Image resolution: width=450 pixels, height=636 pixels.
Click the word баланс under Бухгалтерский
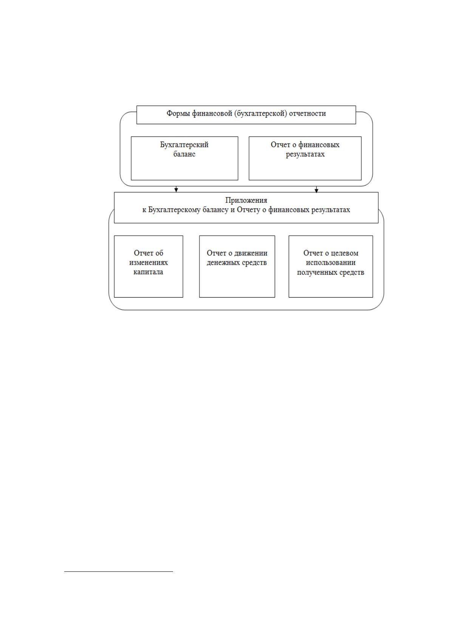pyautogui.click(x=184, y=154)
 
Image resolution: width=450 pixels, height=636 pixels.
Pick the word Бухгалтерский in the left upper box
pyautogui.click(x=184, y=145)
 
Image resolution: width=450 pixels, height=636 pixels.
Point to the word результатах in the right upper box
pyautogui.click(x=305, y=154)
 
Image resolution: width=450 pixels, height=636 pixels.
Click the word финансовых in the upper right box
pyautogui.click(x=319, y=145)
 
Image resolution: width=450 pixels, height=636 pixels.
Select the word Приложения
pyautogui.click(x=246, y=201)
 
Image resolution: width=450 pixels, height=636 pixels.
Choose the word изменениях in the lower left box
pyautogui.click(x=148, y=262)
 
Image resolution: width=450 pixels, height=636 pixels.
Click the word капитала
pyautogui.click(x=148, y=272)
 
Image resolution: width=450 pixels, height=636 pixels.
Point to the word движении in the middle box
pyautogui.click(x=251, y=253)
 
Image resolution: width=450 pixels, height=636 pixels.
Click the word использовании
pyautogui.click(x=331, y=262)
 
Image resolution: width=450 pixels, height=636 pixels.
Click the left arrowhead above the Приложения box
pyautogui.click(x=176, y=190)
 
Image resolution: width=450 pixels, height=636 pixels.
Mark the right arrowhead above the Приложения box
pyautogui.click(x=317, y=190)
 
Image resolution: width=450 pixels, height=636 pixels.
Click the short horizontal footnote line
pyautogui.click(x=119, y=571)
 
